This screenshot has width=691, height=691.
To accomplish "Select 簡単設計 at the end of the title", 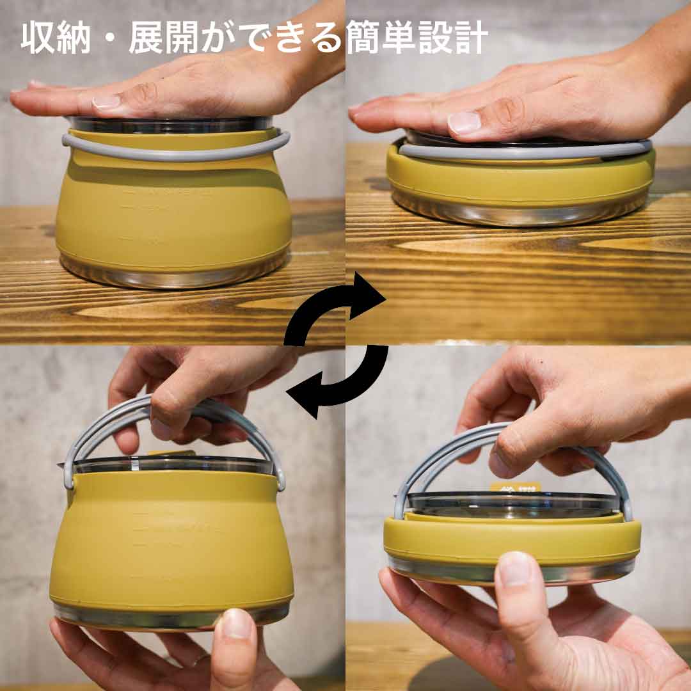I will (x=417, y=40).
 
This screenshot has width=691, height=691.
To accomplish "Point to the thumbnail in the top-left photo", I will (x=106, y=102).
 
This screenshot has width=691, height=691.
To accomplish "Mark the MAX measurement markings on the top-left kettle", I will (x=173, y=191).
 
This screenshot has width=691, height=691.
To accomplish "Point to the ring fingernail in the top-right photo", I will (x=464, y=122).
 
